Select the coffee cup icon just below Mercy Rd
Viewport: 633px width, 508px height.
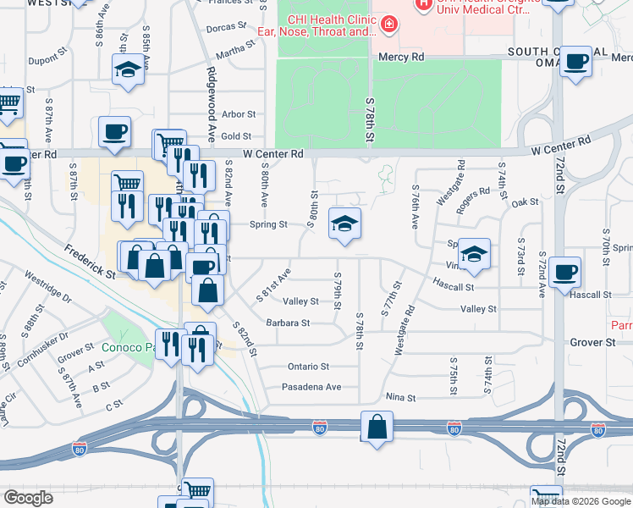pos(576,63)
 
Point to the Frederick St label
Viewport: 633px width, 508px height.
pos(89,261)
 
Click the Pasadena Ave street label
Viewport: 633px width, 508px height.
pos(311,387)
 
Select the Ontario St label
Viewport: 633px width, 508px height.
pos(307,367)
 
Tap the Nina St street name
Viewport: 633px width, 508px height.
pos(400,397)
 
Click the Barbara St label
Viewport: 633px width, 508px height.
pos(288,323)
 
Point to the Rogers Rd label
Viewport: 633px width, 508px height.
pos(472,192)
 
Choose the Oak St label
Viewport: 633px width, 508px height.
pos(525,202)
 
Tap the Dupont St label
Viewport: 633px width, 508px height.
pos(47,61)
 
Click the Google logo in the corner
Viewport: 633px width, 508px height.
pos(28,498)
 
